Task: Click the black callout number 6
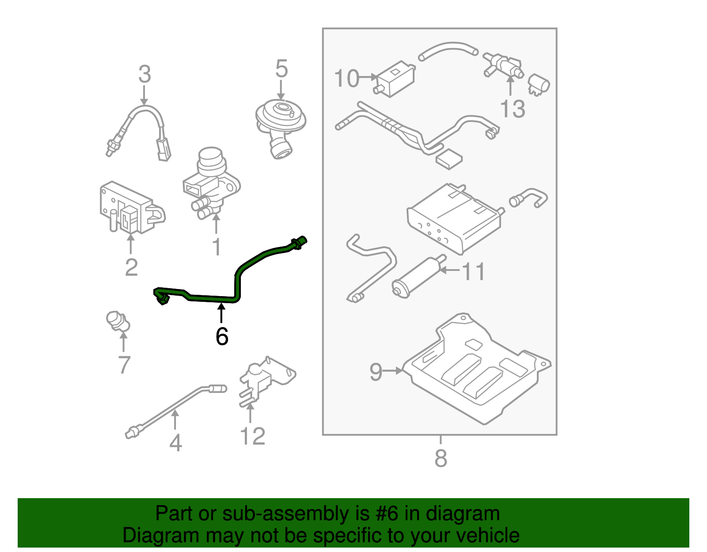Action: tap(222, 336)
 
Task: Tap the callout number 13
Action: tap(512, 109)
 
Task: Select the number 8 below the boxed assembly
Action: tap(441, 458)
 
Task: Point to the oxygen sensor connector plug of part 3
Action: tap(164, 150)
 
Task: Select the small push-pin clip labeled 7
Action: tap(118, 321)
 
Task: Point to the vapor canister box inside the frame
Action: tap(455, 219)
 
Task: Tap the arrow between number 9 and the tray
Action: tap(393, 371)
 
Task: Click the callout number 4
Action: tap(175, 442)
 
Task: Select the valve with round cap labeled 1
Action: tap(211, 181)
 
